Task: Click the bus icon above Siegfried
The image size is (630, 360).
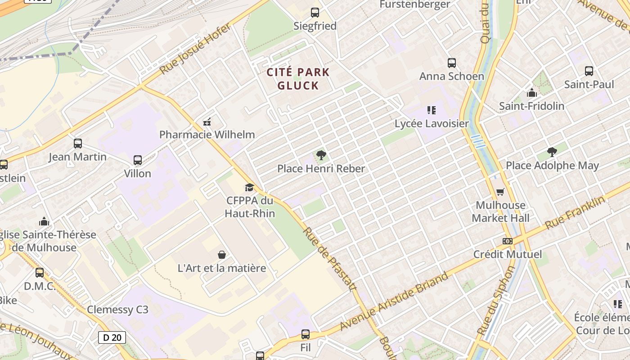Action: (315, 13)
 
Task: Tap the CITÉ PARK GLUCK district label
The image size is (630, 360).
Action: (298, 79)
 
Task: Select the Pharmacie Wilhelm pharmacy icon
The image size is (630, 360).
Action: (207, 121)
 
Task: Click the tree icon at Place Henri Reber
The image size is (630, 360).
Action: (321, 156)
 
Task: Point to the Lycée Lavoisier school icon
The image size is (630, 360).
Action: (432, 110)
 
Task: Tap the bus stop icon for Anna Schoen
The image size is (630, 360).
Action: (452, 63)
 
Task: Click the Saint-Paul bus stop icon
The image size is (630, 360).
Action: (589, 71)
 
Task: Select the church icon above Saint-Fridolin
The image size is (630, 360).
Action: (532, 93)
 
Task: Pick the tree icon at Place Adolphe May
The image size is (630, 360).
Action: (552, 152)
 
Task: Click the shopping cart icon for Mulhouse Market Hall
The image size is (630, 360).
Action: (500, 192)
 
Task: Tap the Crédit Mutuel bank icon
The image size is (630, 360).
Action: (508, 241)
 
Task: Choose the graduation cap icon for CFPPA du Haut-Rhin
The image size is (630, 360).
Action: (249, 188)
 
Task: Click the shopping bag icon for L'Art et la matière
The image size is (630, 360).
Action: (222, 255)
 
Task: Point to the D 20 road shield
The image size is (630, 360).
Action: (112, 337)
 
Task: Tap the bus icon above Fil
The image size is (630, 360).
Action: (306, 334)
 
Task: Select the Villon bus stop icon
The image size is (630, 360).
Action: (138, 160)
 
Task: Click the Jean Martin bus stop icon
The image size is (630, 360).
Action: (78, 144)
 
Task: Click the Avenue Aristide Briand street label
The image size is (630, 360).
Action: (394, 301)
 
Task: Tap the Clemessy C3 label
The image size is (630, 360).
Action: (117, 310)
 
